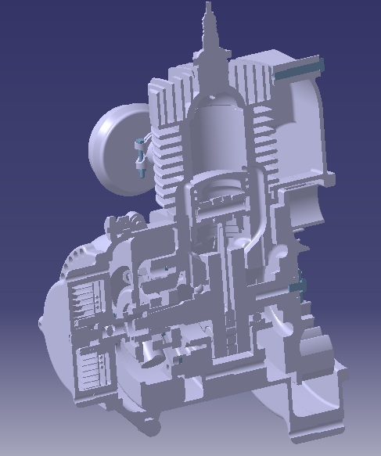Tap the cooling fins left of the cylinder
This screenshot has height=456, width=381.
tap(167, 156)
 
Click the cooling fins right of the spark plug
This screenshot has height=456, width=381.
tap(252, 82)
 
